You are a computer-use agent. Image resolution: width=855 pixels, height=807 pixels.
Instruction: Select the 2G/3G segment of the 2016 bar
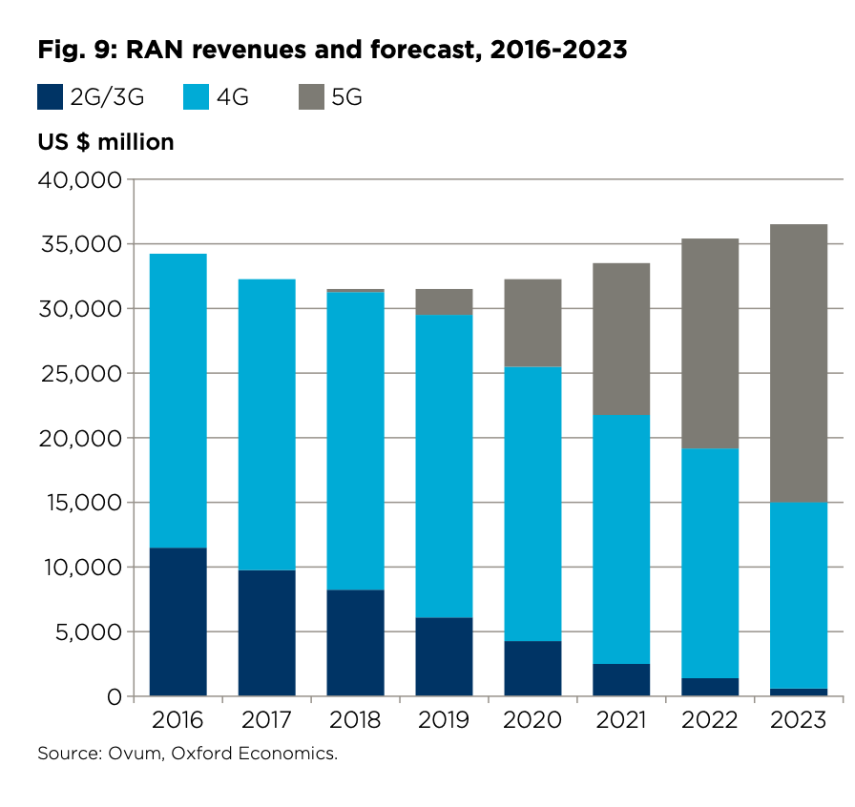pos(178,621)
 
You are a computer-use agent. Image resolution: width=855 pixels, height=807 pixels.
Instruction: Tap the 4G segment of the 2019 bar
pos(445,466)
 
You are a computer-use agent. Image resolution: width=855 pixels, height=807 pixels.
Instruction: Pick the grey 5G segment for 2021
pos(621,339)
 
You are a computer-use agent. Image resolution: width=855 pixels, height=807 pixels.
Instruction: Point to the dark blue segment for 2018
pos(356,642)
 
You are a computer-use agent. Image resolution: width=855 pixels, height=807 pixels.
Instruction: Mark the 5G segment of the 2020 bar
pos(532,322)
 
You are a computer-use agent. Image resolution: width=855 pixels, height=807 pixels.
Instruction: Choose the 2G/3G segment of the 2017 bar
pos(267,632)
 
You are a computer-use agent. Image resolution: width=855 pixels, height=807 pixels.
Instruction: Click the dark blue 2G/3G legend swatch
pos(50,96)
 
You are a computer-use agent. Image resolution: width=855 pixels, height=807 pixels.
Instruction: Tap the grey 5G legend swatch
pos(311,96)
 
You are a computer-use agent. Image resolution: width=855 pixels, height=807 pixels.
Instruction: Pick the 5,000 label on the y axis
pos(91,631)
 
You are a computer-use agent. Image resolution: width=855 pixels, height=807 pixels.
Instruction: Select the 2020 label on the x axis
pos(532,720)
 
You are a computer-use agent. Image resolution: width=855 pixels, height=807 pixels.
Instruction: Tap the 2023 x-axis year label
pos(799,720)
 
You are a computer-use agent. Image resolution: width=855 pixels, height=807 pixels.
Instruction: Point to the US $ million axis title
pos(106,142)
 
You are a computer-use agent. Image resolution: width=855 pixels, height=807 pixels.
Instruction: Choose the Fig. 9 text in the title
pos(72,50)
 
